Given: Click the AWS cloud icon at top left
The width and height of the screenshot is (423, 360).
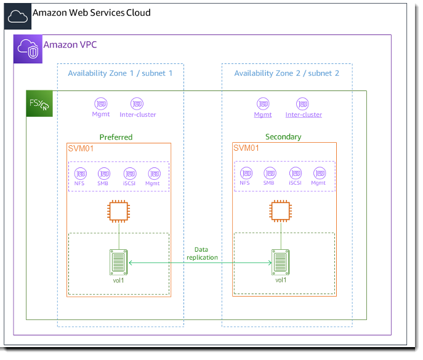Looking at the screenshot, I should coord(17,17).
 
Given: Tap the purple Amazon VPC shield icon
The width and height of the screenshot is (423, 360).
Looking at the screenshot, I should coord(28,49).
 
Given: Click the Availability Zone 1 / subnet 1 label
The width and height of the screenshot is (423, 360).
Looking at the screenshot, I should coord(120,73).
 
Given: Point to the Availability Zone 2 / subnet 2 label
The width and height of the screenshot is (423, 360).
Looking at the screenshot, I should coord(286,73).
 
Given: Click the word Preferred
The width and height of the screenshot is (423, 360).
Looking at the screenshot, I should coord(116,137).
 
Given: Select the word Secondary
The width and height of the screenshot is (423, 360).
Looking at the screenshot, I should coord(283,137).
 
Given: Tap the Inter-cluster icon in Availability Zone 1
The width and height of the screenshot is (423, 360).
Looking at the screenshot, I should coord(137,103).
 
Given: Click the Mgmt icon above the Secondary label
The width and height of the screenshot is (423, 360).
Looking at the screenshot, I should coord(263,103).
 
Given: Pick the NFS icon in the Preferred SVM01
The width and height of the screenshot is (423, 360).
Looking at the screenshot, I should coord(80,173).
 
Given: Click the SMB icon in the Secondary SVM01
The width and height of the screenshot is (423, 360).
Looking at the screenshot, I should coord(269,173).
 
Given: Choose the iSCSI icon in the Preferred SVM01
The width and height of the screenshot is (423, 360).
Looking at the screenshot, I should coord(129,173).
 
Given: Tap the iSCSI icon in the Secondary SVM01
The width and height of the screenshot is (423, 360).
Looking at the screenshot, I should coord(295,173).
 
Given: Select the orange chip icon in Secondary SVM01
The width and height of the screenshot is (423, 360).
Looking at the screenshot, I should coord(281,211).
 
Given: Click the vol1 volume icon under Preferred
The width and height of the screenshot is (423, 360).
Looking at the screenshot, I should coord(118,262).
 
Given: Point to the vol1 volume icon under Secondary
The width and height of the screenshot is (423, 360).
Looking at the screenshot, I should coord(281,262).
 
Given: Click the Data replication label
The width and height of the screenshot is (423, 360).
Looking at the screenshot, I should coord(202,254).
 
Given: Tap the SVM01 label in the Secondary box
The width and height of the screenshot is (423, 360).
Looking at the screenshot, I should coord(246,148).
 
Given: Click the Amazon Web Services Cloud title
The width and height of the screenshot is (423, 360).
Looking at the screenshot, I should coord(91,12).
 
